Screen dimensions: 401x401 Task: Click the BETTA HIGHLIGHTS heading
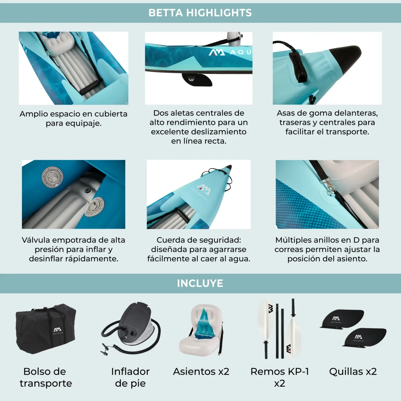coord(200,13)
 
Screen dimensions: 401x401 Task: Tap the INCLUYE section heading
coord(200,283)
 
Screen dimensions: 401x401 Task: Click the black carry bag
coord(46,329)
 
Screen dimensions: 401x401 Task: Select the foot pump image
coord(131,328)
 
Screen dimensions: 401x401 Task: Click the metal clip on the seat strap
coord(328,186)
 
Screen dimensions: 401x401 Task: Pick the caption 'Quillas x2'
coord(353,372)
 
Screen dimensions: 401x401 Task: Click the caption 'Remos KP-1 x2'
coord(280,377)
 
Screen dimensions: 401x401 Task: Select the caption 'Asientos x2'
coord(201,372)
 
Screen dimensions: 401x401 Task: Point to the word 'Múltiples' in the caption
coord(291,240)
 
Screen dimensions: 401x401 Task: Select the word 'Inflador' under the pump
coord(130,372)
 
